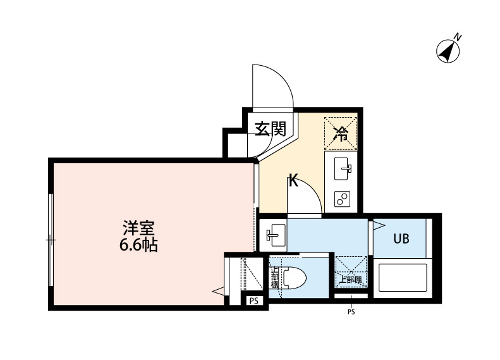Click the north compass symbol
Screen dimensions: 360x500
[449, 51]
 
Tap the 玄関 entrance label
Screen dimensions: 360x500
[271, 129]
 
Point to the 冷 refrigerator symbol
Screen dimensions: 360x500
[341, 133]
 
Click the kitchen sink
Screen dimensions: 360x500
[342, 167]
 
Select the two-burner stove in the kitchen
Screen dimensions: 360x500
[341, 199]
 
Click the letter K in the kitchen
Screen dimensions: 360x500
[293, 182]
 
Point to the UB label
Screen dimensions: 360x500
[401, 239]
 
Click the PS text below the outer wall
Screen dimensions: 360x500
[351, 311]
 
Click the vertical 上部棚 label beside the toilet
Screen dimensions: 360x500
[274, 278]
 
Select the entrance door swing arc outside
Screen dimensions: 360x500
[273, 85]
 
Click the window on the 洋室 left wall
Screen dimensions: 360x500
[51, 240]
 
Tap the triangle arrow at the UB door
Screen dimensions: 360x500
[378, 225]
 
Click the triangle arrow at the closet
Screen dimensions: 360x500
[218, 292]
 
